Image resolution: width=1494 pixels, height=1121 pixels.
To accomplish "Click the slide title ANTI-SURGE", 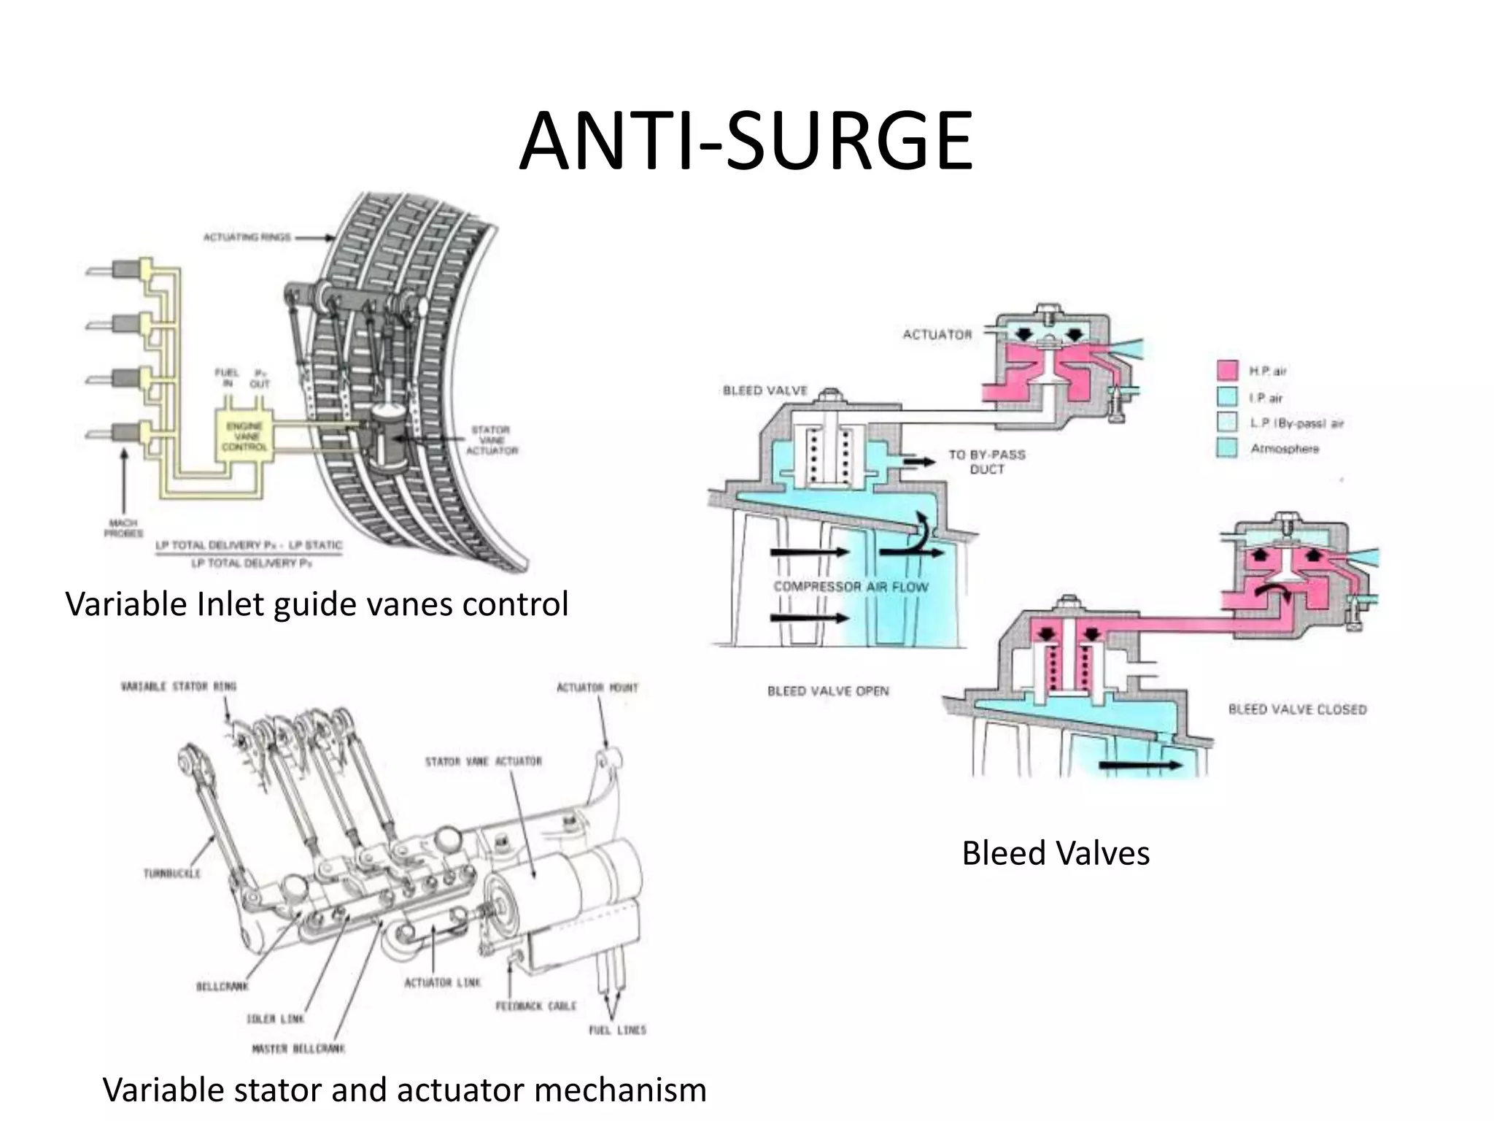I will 746,142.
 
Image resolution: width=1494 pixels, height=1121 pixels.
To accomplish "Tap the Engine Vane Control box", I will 244,436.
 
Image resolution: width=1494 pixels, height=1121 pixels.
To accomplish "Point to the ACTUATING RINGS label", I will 247,237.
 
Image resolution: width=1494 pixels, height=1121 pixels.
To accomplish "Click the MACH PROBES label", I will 123,528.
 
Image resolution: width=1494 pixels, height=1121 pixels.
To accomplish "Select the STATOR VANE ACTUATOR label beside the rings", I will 492,440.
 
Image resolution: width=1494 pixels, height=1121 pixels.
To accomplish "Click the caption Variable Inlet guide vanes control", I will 317,604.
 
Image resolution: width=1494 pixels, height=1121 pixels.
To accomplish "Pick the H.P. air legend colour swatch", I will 1228,371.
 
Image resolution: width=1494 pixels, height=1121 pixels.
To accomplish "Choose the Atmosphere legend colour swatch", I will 1228,447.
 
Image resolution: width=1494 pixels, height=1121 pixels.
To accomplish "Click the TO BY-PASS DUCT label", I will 986,461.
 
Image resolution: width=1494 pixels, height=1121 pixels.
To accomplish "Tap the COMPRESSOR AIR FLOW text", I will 851,587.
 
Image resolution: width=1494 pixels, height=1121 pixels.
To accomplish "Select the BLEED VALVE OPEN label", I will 828,690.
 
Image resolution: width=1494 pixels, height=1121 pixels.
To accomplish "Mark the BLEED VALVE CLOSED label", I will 1297,709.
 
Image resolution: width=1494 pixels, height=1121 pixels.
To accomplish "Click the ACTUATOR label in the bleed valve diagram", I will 937,335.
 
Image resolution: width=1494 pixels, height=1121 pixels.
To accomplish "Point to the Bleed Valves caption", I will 1056,852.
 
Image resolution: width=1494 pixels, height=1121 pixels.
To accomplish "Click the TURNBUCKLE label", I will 172,873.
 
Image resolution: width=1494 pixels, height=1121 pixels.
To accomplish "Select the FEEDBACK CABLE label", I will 535,1006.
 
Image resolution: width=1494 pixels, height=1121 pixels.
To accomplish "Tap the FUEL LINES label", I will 617,1030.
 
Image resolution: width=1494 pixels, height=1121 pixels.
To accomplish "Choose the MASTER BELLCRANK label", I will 298,1049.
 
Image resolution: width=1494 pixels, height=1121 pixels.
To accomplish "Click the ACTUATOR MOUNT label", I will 597,687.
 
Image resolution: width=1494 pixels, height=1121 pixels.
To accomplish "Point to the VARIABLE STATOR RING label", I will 179,686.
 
